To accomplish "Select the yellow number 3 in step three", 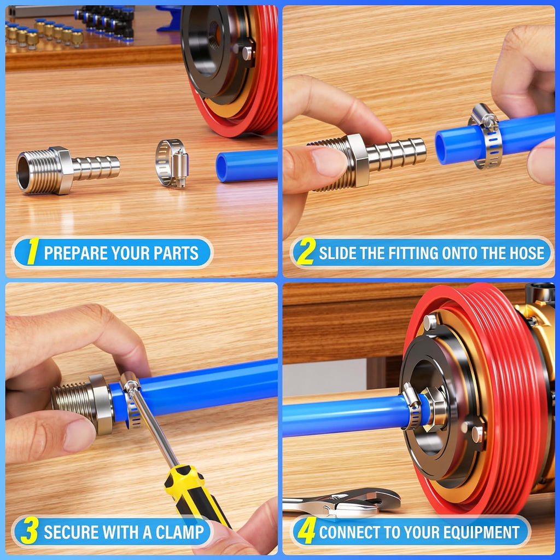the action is coord(30,531).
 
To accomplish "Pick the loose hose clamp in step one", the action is coord(172,163).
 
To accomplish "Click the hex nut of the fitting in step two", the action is coord(358,160).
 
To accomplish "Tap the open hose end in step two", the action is coord(443,147).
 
